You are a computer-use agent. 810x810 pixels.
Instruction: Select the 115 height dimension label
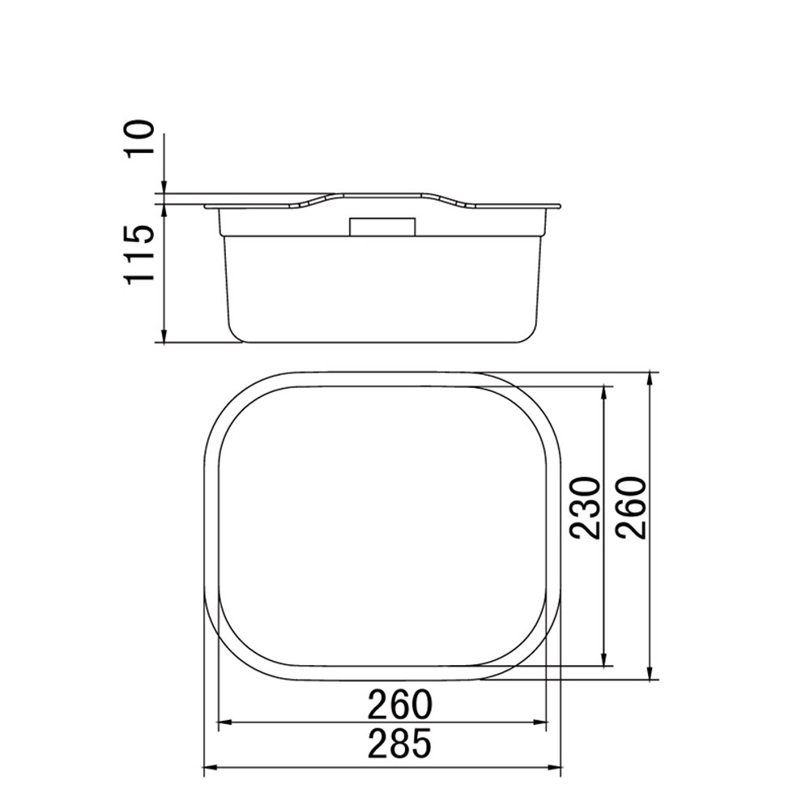[x=139, y=254]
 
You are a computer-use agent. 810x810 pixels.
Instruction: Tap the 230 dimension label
[x=585, y=509]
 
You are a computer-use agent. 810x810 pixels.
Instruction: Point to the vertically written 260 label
[x=631, y=509]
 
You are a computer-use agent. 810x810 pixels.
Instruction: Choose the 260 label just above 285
[x=399, y=705]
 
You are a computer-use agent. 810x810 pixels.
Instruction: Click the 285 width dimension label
[x=399, y=744]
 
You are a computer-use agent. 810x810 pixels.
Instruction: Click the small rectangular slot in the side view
[x=383, y=227]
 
